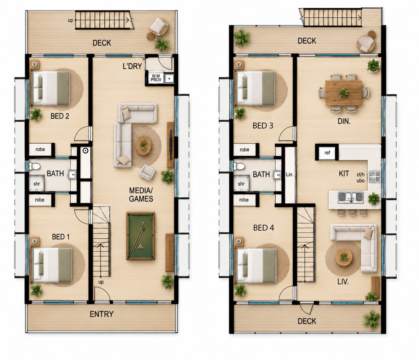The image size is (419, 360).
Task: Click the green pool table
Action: point(141,236)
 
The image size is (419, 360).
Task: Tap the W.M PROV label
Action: point(156,78)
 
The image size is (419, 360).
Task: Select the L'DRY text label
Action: point(132,66)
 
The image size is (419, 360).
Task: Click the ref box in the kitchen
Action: point(327,153)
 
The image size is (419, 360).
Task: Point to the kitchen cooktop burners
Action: point(374,177)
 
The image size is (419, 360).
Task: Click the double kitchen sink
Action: point(351,197)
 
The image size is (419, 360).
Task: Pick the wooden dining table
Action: point(343,93)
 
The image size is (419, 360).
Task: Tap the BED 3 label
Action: point(263,126)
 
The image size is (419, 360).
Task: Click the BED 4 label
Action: point(264,228)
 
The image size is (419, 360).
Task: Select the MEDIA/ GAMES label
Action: point(141,195)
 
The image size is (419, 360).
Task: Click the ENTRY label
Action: point(102,314)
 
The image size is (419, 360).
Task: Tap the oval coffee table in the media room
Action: point(143,145)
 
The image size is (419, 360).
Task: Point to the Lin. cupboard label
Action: point(290,175)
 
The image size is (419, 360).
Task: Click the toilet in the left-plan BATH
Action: point(35,166)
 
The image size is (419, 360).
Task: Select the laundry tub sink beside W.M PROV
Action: point(169,78)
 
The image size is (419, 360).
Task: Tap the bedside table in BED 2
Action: point(35,65)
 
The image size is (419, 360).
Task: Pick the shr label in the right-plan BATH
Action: point(241,184)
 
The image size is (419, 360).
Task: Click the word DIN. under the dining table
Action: point(344,121)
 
